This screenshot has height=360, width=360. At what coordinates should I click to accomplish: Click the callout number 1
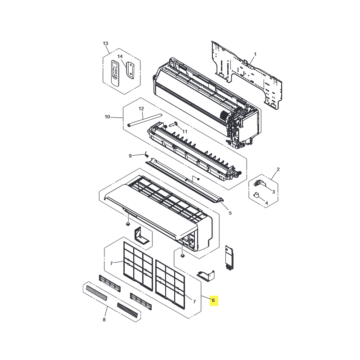[x=255, y=54]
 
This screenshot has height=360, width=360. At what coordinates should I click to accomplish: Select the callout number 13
[x=105, y=43]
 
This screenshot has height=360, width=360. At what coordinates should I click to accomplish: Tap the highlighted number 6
[x=213, y=300]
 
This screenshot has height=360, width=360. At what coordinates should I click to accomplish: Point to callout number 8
[x=104, y=319]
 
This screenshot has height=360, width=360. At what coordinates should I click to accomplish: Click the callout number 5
[x=230, y=213]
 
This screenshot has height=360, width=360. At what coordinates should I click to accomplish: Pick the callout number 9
[x=130, y=156]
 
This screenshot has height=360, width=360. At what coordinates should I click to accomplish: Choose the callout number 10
[x=107, y=117]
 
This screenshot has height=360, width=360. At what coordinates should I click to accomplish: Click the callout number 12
[x=141, y=108]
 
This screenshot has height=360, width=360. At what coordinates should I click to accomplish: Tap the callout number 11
[x=185, y=131]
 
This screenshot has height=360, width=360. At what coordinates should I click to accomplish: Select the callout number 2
[x=278, y=169]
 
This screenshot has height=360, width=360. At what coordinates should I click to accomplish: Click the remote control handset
[x=115, y=73]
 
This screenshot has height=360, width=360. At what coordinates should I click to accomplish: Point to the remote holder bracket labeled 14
[x=130, y=70]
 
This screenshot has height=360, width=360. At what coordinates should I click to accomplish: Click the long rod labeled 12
[x=144, y=120]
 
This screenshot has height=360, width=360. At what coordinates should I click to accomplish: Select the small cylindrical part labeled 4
[x=256, y=195]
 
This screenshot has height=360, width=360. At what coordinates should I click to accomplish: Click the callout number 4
[x=266, y=203]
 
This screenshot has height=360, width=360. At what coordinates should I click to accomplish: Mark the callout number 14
[x=120, y=57]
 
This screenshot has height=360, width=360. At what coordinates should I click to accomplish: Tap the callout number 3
[x=274, y=192]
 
